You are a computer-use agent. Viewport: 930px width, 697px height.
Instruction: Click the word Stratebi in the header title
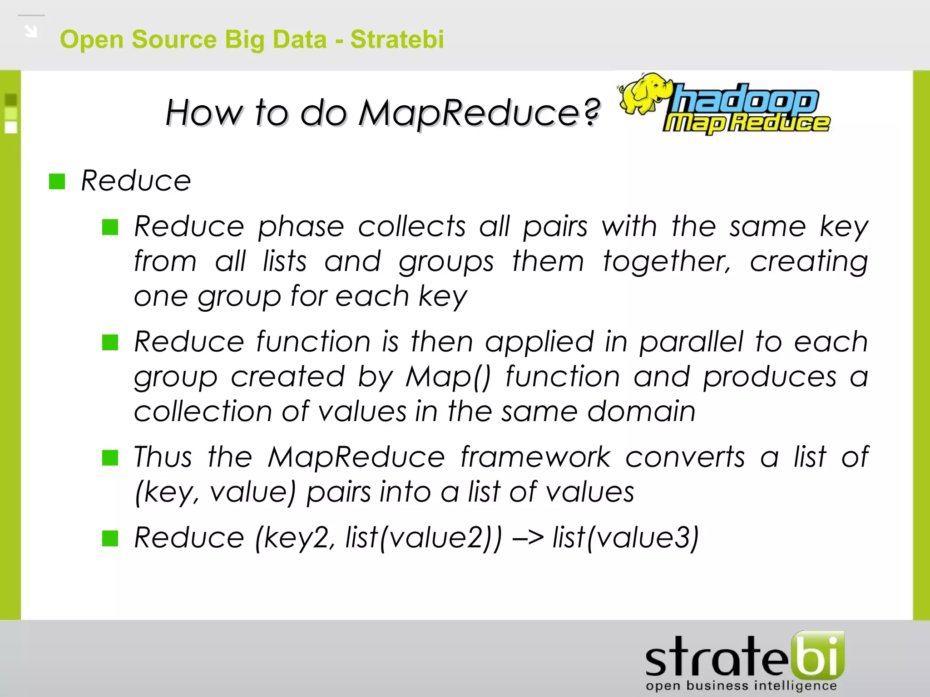397,39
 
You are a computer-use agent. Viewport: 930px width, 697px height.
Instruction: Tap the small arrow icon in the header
31,31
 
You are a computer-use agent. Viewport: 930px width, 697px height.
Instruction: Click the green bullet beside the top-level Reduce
57,182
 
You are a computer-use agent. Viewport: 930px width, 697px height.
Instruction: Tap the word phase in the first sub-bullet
301,226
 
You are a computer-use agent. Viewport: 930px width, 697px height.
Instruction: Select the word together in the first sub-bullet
667,262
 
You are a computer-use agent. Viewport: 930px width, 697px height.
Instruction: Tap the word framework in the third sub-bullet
535,457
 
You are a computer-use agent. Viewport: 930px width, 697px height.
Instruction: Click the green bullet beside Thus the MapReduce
110,457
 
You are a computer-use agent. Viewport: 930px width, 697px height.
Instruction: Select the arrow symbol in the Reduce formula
528,538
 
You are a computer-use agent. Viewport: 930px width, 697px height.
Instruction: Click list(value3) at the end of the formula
625,538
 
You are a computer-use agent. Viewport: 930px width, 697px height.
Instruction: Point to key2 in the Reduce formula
296,538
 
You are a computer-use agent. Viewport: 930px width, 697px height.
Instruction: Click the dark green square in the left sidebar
11,99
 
